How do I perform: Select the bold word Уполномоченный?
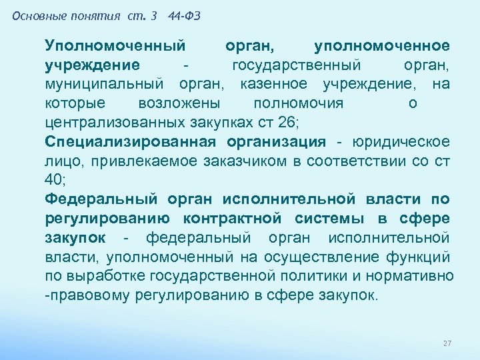[x=115, y=46]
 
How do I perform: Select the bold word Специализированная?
[x=131, y=142]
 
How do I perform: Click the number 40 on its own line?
[x=57, y=180]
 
